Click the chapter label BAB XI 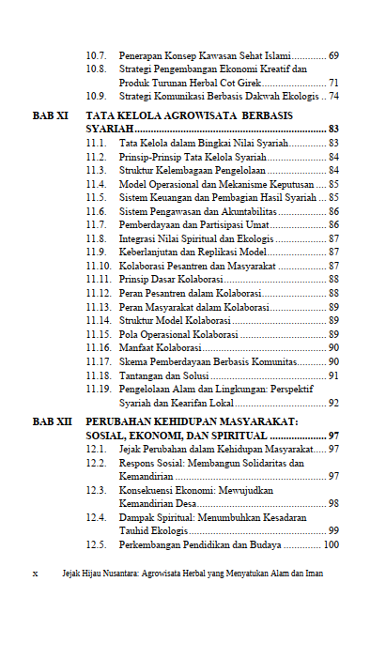pyautogui.click(x=50, y=115)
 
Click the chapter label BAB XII pyautogui.click(x=52, y=422)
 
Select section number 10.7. pyautogui.click(x=96, y=56)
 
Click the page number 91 pyautogui.click(x=333, y=375)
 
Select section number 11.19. pyautogui.click(x=99, y=389)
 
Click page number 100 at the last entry pyautogui.click(x=331, y=545)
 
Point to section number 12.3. pyautogui.click(x=96, y=490)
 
